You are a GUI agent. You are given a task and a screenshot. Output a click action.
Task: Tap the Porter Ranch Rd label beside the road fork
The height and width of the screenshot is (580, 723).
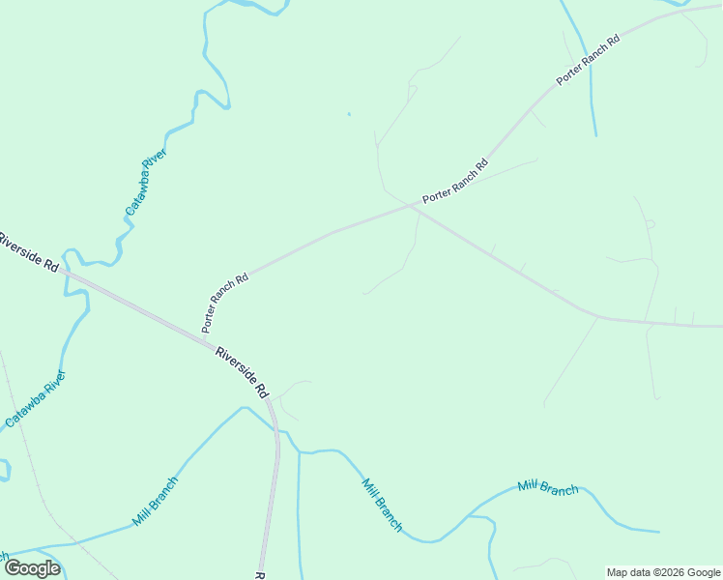tap(455, 181)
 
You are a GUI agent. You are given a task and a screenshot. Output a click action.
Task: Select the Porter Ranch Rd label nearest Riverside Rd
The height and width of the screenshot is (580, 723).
tap(225, 303)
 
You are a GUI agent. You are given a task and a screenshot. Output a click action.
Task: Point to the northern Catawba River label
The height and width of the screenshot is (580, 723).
tap(146, 182)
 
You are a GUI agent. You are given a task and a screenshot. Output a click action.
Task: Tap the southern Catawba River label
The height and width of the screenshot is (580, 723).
tap(35, 398)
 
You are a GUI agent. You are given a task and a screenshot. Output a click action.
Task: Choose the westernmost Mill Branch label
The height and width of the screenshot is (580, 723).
tap(156, 501)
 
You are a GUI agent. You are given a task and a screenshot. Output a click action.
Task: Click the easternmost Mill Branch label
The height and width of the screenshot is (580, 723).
tap(548, 486)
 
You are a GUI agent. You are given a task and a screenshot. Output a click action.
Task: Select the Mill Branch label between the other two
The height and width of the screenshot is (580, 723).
tap(382, 505)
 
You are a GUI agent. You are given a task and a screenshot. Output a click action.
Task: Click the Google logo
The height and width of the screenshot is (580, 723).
tap(32, 568)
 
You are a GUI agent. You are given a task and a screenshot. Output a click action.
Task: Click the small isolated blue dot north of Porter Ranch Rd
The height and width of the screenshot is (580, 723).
tap(349, 115)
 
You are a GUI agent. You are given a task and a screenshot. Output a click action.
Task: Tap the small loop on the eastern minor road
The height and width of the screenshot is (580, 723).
tap(650, 224)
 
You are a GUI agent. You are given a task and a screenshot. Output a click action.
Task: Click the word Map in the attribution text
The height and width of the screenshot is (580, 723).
tap(619, 572)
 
